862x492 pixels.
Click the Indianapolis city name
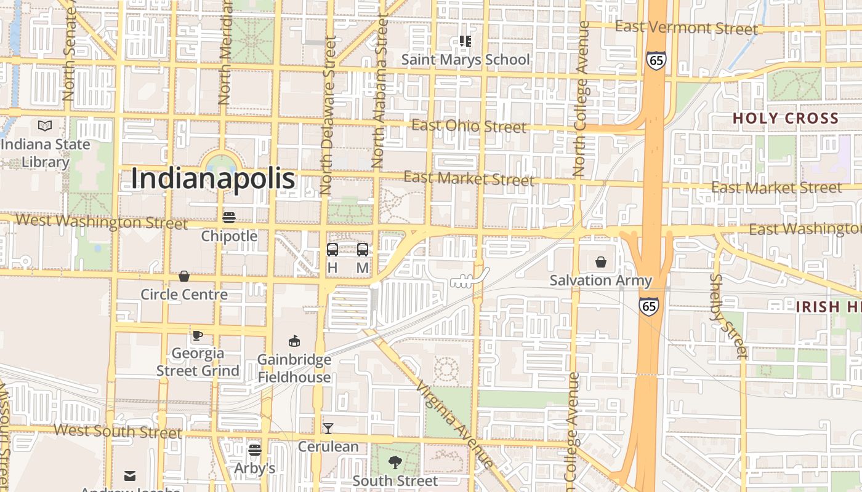[x=213, y=179]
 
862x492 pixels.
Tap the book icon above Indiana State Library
[x=45, y=126]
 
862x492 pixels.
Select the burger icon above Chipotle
[x=229, y=217]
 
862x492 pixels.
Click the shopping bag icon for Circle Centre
[x=183, y=276]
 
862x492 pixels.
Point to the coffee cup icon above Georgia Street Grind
[x=197, y=335]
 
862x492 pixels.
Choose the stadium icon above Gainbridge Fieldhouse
[x=294, y=341]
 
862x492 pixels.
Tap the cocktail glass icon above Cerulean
[x=328, y=428]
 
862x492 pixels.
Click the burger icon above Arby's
[x=255, y=450]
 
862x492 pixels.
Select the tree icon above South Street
[x=395, y=462]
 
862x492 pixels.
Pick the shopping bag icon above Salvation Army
[x=601, y=262]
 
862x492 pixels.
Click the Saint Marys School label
[x=465, y=60]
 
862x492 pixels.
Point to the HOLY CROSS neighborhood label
[x=786, y=118]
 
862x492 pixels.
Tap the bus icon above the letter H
[x=332, y=250]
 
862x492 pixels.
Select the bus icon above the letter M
[x=363, y=250]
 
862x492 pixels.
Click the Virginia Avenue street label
[x=455, y=424]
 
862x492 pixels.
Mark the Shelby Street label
[x=728, y=316]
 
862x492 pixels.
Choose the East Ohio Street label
[x=469, y=126]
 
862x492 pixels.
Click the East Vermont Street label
[x=687, y=28]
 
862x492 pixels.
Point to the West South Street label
[x=118, y=430]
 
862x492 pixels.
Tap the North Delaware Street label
[x=327, y=116]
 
